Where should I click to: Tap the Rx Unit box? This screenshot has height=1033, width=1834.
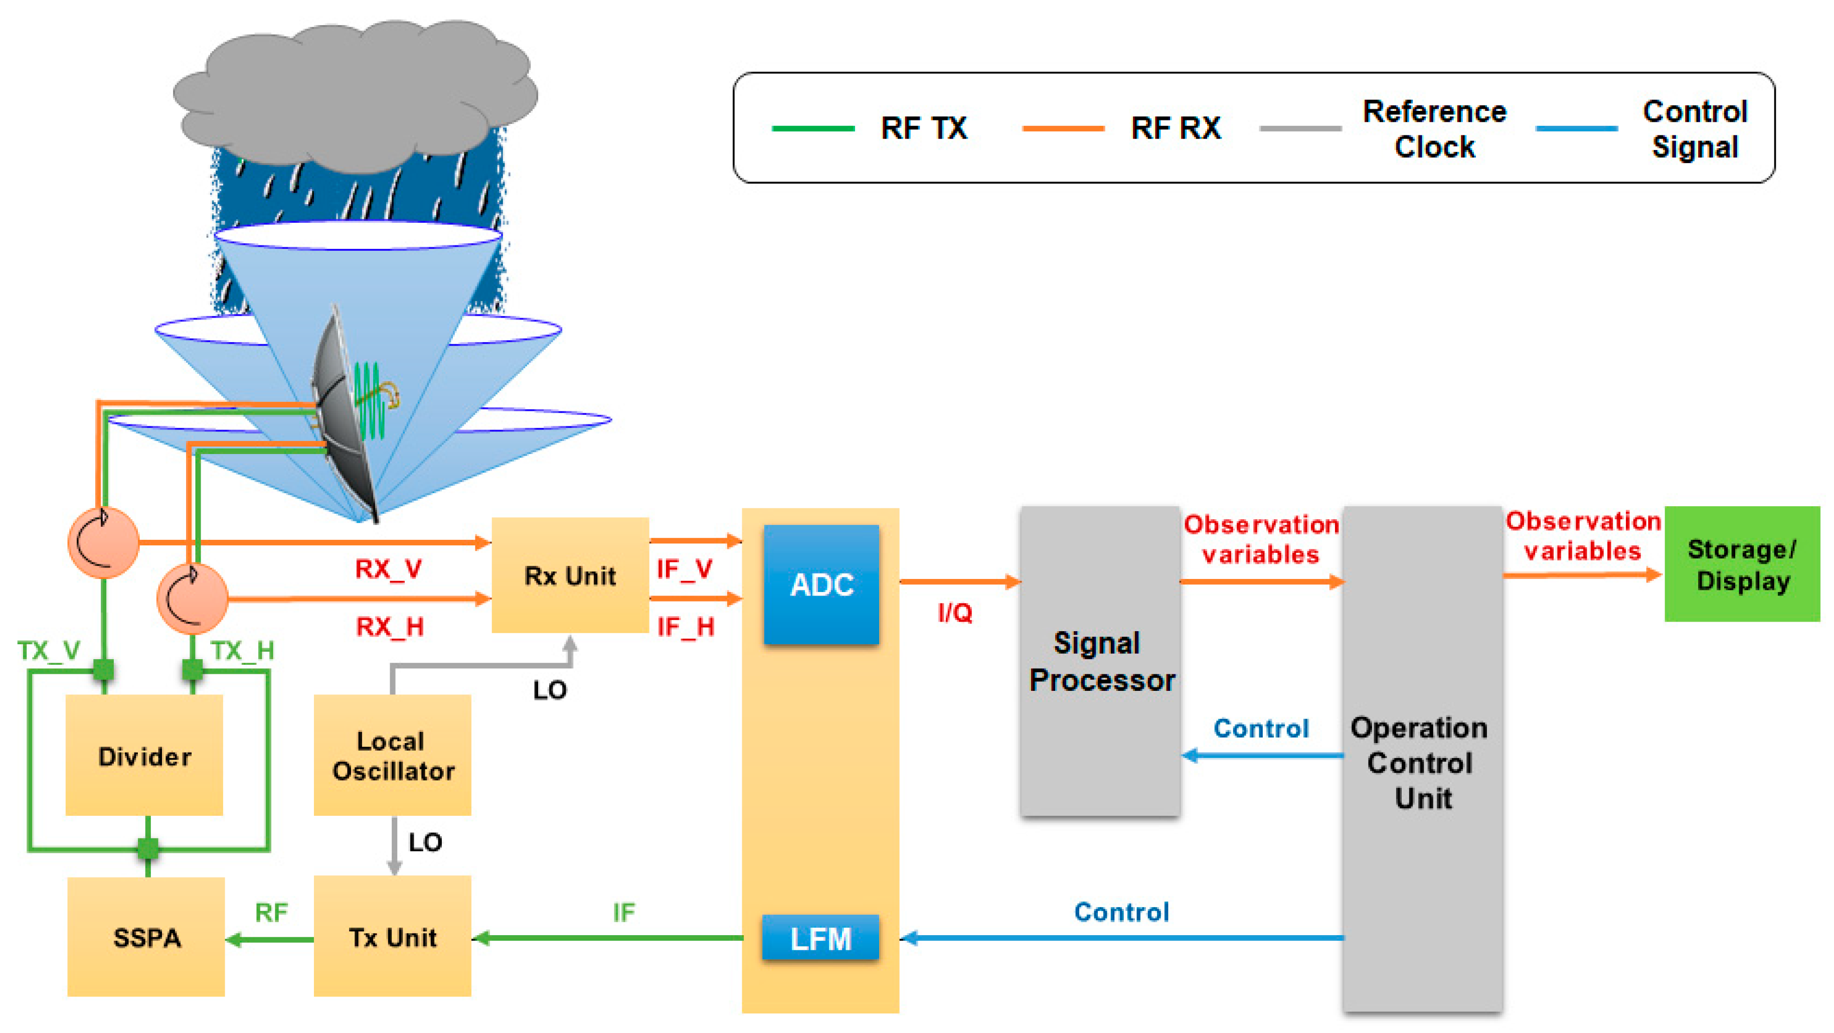pos(570,575)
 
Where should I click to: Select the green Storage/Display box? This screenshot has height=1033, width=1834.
pos(1741,564)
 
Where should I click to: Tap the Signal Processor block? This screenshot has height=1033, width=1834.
pos(1100,661)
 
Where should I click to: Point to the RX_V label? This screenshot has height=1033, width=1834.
pos(389,568)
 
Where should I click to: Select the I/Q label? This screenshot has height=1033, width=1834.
pos(955,612)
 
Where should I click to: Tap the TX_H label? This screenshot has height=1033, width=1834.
pos(243,650)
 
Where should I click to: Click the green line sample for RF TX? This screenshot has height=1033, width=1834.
pos(812,129)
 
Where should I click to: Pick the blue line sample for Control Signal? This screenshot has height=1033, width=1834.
pos(1576,129)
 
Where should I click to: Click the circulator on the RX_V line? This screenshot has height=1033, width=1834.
pos(103,542)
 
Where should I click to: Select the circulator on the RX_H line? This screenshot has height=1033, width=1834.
pos(192,599)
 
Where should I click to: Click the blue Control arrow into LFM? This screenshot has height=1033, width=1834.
pos(1121,938)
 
